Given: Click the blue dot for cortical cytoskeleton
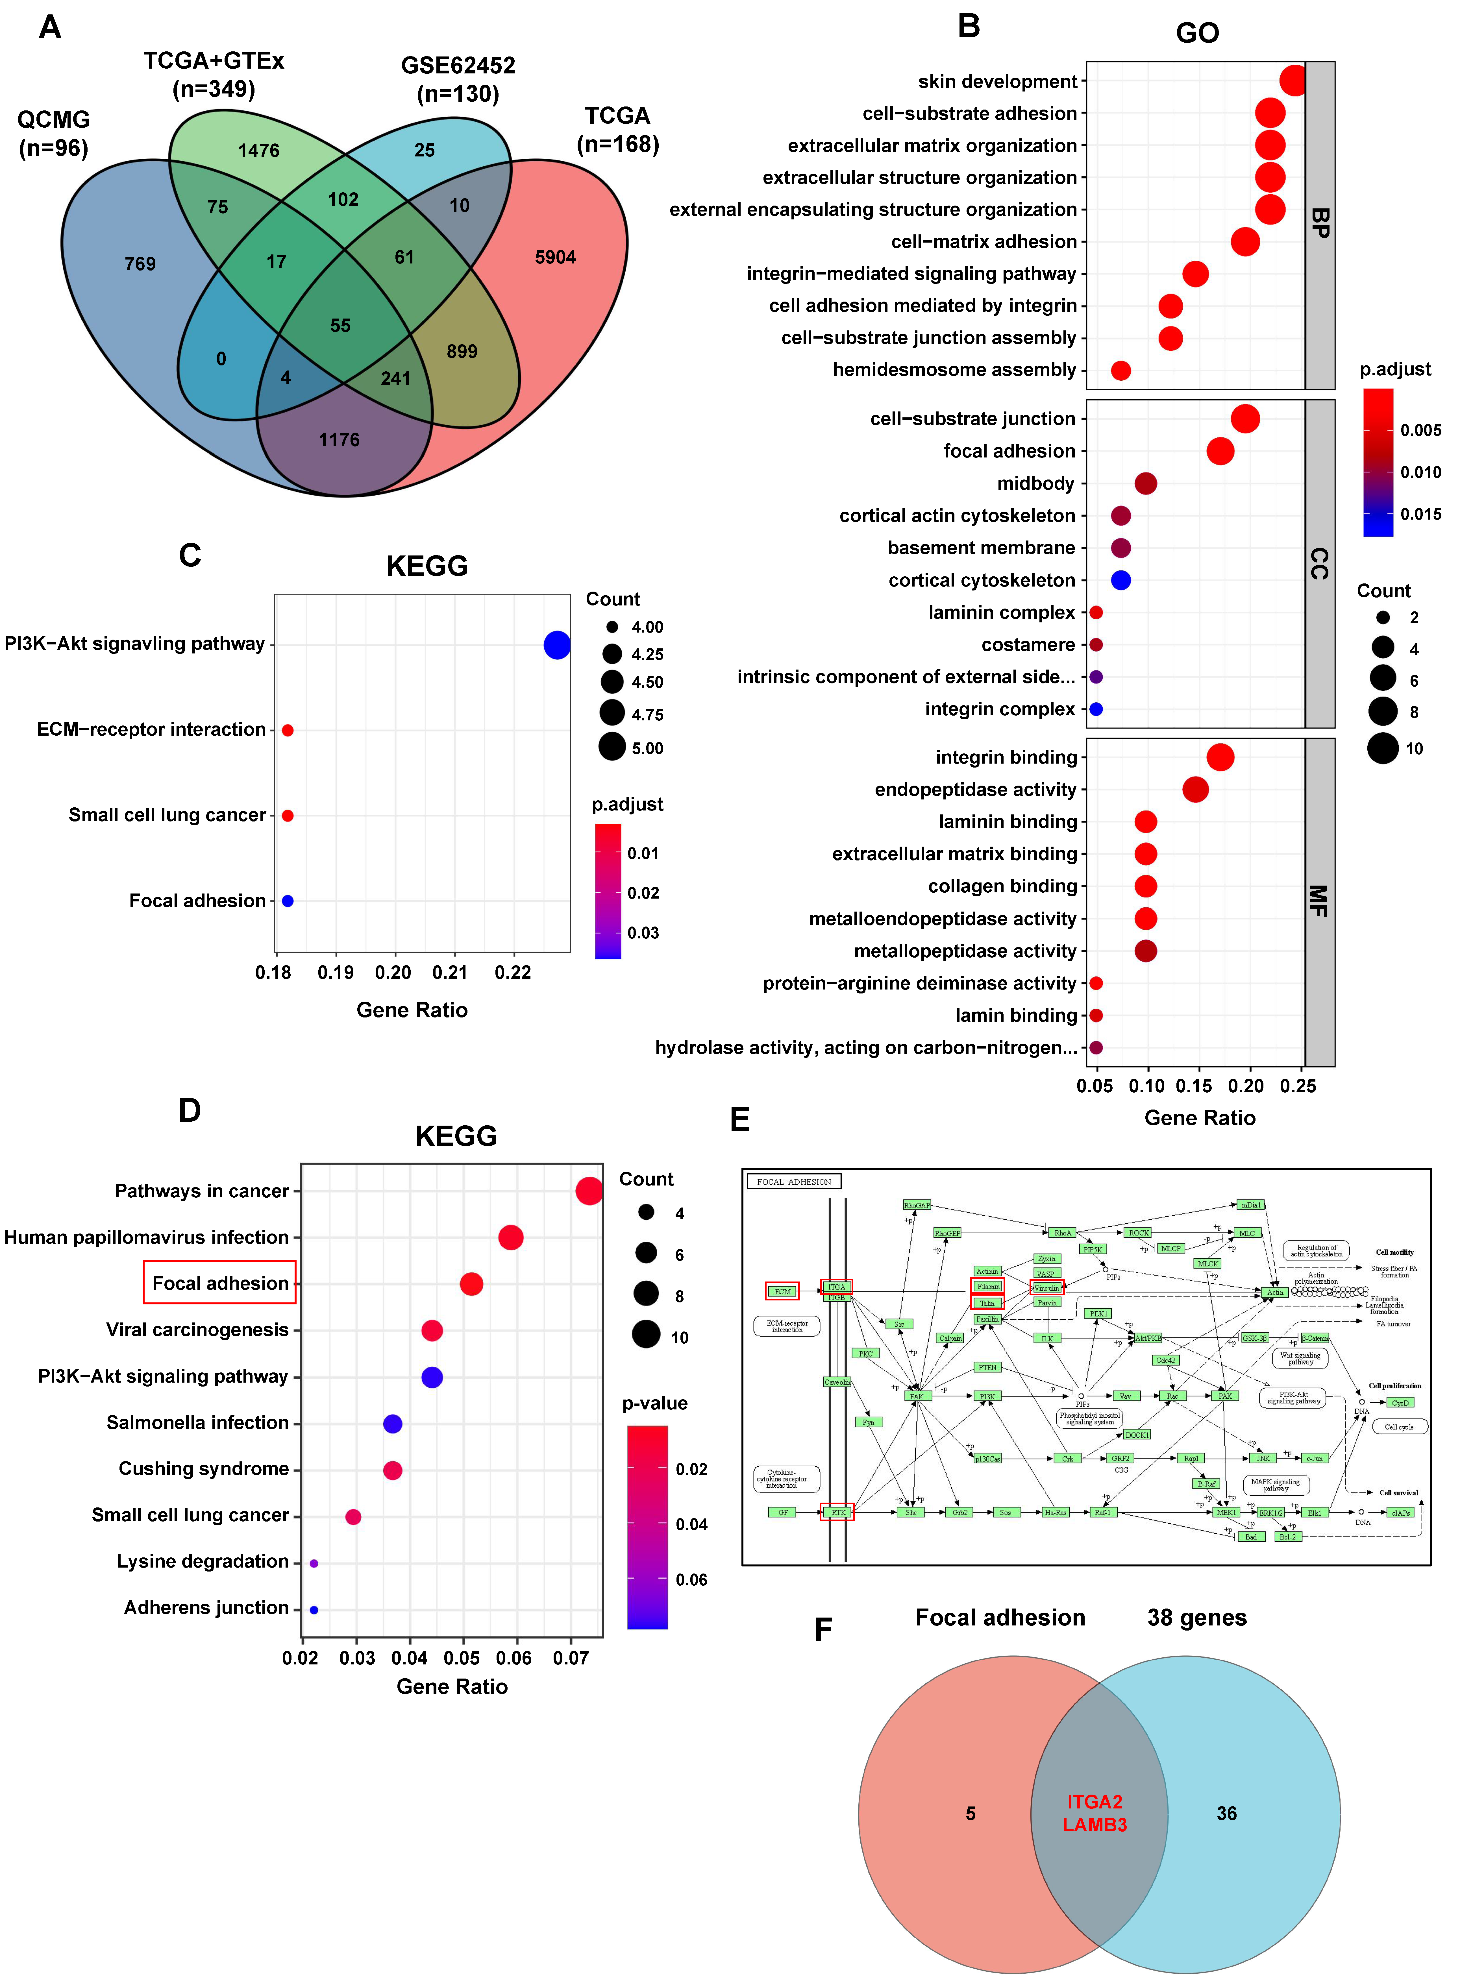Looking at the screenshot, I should (x=1121, y=580).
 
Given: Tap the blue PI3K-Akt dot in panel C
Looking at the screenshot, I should (x=556, y=645).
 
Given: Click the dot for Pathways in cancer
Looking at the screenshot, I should (x=588, y=1191).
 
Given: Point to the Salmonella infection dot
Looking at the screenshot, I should (x=392, y=1424).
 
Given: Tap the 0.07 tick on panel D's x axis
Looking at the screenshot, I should (x=571, y=1658).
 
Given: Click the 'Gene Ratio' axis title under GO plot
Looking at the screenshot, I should (x=1199, y=1118).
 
